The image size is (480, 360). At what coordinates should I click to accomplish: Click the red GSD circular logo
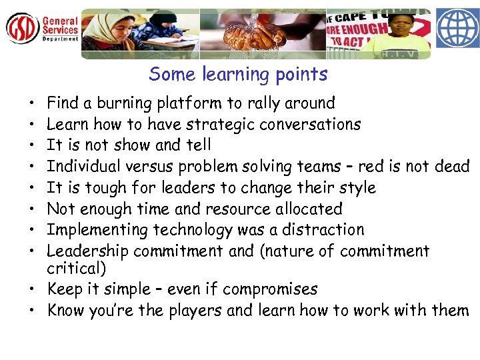click(x=22, y=28)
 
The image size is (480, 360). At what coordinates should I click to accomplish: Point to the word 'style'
click(x=358, y=188)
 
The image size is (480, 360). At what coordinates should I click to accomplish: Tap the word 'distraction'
click(x=325, y=230)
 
